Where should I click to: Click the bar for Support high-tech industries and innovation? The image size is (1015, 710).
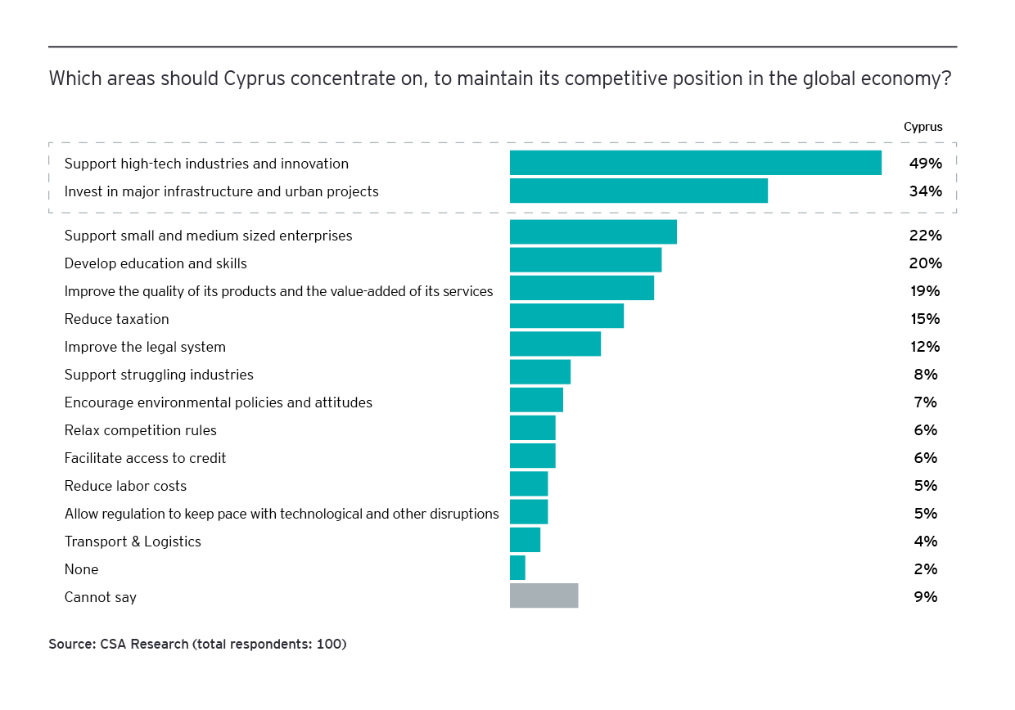(x=695, y=163)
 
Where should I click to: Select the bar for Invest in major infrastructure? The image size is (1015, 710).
(x=638, y=191)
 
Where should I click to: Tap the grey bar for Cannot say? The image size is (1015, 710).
(x=544, y=595)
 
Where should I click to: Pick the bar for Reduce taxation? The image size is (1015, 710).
(x=566, y=316)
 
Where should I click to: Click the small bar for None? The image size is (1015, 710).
(x=517, y=568)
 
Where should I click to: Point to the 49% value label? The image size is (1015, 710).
(x=925, y=164)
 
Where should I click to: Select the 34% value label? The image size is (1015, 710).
(x=925, y=191)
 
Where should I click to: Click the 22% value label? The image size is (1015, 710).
(x=925, y=236)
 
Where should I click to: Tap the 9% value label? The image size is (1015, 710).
(x=926, y=597)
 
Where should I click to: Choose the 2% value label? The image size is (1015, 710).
(x=926, y=569)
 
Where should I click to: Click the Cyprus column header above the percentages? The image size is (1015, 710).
(x=923, y=127)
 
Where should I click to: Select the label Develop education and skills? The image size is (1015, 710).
(x=156, y=263)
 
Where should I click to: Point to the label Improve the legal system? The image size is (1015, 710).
(x=145, y=347)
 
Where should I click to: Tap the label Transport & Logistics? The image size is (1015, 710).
(x=133, y=541)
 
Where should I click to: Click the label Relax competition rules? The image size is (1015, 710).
(x=140, y=430)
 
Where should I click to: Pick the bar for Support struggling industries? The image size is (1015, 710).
(x=539, y=371)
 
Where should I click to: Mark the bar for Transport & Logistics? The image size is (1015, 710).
(x=525, y=540)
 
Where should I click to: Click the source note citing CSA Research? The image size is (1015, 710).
(x=197, y=645)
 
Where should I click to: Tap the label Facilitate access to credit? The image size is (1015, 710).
(x=145, y=458)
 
